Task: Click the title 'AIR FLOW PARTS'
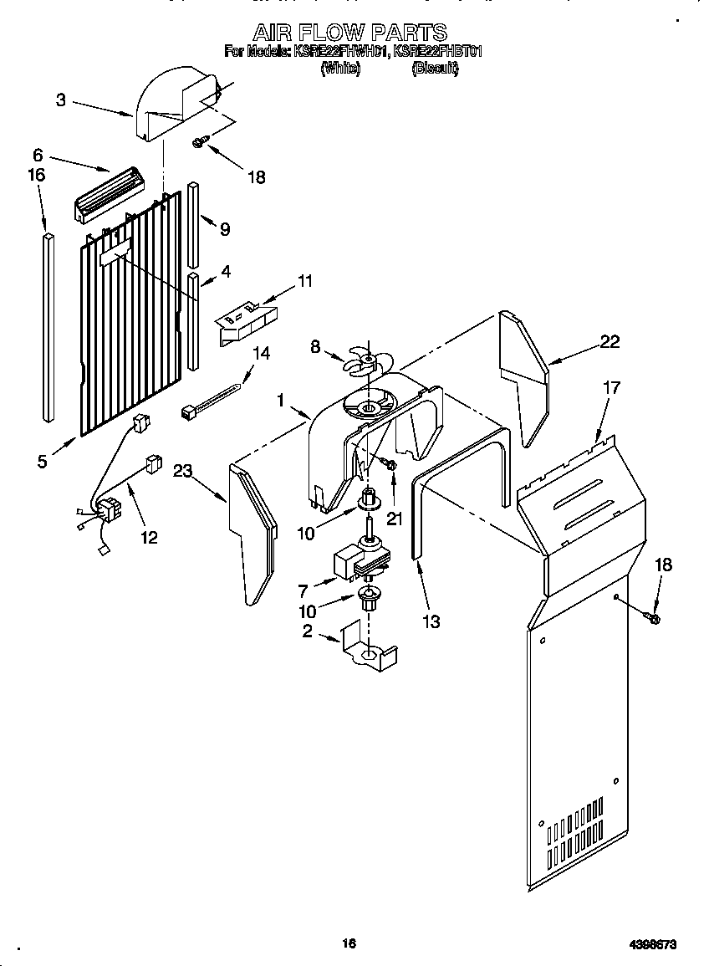(x=349, y=33)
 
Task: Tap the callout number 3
(x=61, y=100)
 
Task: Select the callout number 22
(x=610, y=340)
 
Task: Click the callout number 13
(x=431, y=621)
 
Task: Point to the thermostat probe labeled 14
(x=213, y=400)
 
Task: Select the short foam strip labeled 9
(x=193, y=222)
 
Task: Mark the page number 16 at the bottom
(x=349, y=943)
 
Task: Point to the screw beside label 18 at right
(x=652, y=618)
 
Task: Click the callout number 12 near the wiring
(x=148, y=538)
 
